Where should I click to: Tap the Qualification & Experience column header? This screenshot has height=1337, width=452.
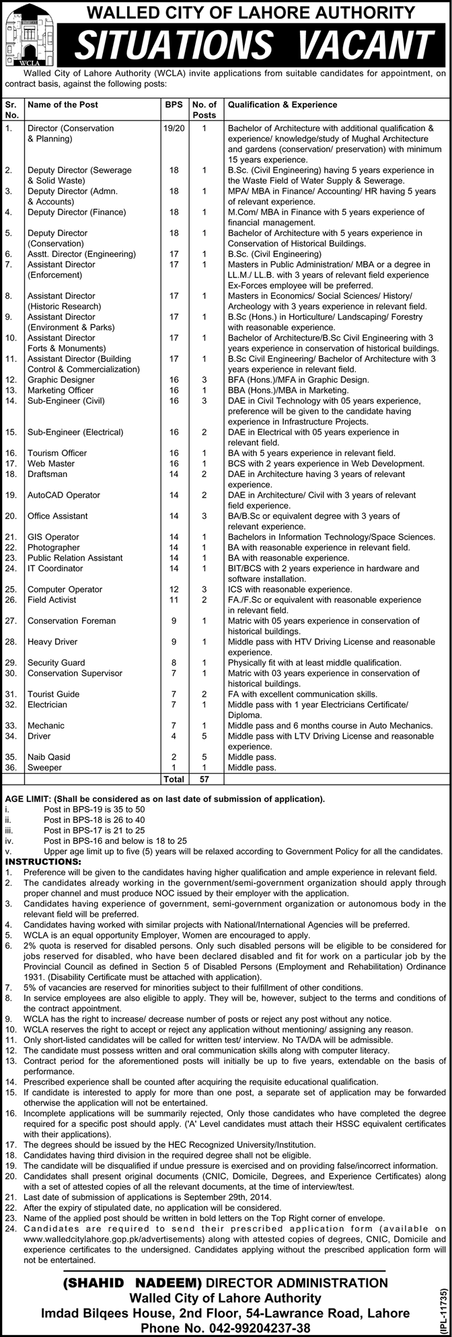pos(282,105)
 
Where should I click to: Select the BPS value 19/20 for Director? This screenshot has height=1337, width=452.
pos(174,127)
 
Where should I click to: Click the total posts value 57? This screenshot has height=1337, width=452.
pos(204,779)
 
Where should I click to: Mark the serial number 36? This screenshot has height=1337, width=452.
pos(11,767)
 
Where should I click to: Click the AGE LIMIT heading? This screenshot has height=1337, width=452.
pos(30,799)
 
